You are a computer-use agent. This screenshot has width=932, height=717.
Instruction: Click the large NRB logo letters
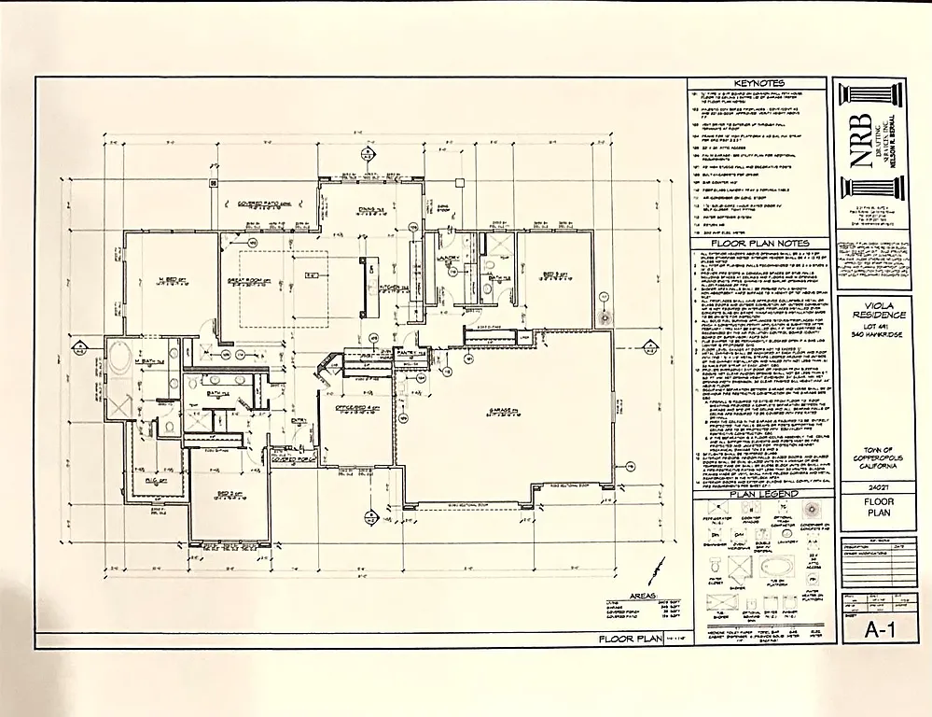[x=861, y=140]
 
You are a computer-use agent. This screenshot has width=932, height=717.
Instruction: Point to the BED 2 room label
[x=220, y=495]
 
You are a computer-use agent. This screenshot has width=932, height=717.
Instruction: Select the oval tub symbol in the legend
[x=771, y=568]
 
